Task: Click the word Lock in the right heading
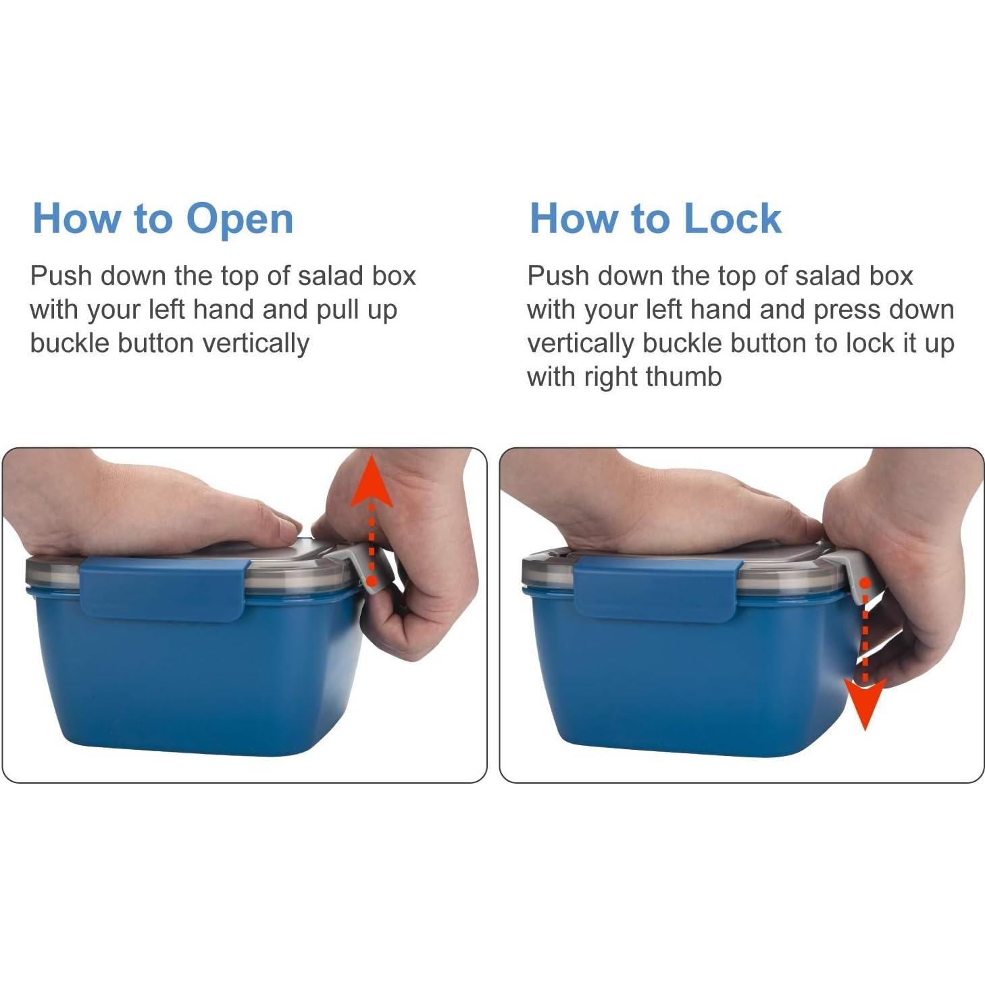pos(732,218)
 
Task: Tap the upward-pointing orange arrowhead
pos(372,481)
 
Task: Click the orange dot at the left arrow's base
pos(372,581)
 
